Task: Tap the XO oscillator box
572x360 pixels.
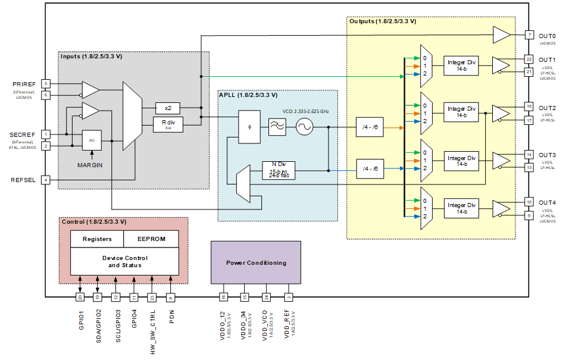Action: (92, 140)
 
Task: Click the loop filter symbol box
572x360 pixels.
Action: (277, 127)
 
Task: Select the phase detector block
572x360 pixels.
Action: (249, 127)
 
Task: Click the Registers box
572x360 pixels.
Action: (97, 239)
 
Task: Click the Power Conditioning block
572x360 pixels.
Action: (256, 262)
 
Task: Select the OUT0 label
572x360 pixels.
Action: (546, 36)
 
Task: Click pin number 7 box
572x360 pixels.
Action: (529, 35)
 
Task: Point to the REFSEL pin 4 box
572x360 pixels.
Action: (46, 180)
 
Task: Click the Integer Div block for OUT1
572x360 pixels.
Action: (462, 65)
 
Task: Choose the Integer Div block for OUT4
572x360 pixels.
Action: (462, 208)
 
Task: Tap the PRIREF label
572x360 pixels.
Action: (24, 84)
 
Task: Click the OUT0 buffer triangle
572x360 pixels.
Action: (501, 35)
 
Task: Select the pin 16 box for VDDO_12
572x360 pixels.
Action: (223, 296)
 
